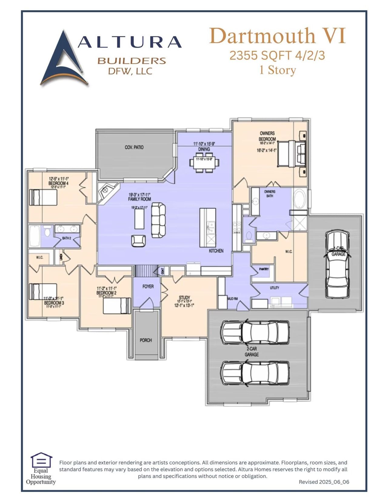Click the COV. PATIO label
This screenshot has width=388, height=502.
tap(134, 147)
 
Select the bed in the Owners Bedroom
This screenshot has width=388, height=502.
tap(291, 154)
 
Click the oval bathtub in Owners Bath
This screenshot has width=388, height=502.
tap(299, 199)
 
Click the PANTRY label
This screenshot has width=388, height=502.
tap(264, 269)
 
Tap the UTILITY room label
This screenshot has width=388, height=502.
tap(274, 288)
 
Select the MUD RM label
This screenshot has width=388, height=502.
tap(232, 299)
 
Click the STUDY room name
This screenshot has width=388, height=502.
tap(184, 298)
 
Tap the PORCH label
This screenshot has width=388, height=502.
tap(146, 340)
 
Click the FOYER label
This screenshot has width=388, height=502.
tap(148, 286)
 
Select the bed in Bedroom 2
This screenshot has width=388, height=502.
tap(117, 305)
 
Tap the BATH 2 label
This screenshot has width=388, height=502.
tap(66, 238)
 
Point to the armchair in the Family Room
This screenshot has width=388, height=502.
tap(138, 241)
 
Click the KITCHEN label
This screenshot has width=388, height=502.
tap(216, 251)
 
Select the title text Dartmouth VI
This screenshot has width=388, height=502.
tap(277, 36)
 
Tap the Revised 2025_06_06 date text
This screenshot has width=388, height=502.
tap(324, 482)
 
